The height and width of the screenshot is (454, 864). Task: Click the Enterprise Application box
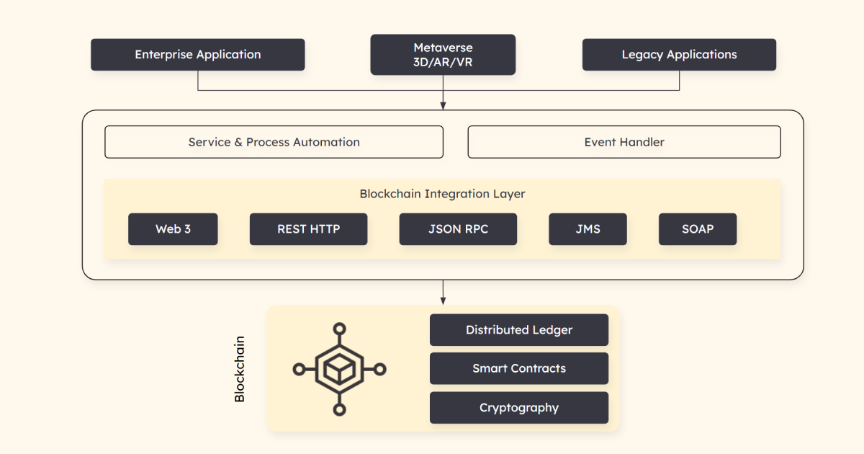(198, 55)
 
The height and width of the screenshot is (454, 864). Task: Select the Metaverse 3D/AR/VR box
(443, 55)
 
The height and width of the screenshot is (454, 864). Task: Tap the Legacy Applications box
(679, 55)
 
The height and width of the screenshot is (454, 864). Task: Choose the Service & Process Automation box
(274, 142)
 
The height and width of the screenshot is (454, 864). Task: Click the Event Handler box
(624, 142)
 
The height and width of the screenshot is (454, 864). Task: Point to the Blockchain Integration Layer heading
(442, 194)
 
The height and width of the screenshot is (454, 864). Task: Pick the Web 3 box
(173, 229)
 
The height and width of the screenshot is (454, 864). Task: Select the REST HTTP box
(308, 229)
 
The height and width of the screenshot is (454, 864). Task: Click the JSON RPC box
(458, 229)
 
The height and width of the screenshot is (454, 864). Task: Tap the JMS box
(588, 229)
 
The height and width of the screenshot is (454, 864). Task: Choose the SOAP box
(697, 229)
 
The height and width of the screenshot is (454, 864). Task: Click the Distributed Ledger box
(519, 330)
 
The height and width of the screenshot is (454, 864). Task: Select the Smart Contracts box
(519, 368)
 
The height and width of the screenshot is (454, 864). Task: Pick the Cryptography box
(519, 408)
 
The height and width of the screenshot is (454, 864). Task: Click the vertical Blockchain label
(240, 369)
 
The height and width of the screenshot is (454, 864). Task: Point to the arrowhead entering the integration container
(443, 106)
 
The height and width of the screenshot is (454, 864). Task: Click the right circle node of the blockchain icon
(380, 369)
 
